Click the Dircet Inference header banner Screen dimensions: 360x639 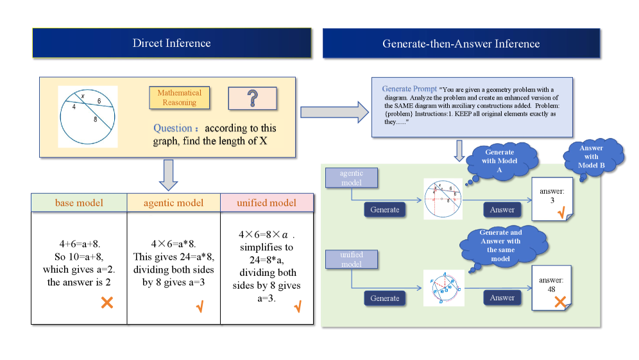[x=171, y=44]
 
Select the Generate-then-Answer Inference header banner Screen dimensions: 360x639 [x=461, y=44]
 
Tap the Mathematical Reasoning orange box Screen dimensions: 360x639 [x=179, y=98]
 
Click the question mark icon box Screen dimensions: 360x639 [x=252, y=98]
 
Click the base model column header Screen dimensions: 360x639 [x=79, y=203]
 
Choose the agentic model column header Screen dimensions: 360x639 [x=173, y=203]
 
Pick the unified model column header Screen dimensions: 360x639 [x=266, y=203]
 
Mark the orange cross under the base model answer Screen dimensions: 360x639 [x=106, y=302]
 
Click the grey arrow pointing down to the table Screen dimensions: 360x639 [x=167, y=175]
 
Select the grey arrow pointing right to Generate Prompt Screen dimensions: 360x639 [x=334, y=113]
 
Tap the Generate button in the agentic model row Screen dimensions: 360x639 [x=385, y=210]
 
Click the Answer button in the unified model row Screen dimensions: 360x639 [x=502, y=298]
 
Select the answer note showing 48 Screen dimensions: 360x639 [x=551, y=289]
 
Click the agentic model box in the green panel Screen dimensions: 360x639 [x=351, y=178]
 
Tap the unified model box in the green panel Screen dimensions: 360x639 [x=351, y=259]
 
